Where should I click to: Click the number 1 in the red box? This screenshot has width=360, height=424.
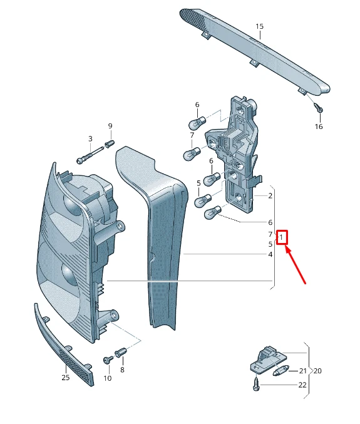[x=283, y=237]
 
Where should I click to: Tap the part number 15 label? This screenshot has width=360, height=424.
[x=260, y=26]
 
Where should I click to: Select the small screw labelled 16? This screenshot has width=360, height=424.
[x=319, y=108]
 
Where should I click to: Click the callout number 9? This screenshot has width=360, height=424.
[x=111, y=126]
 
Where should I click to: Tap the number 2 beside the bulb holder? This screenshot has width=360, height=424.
[x=270, y=196]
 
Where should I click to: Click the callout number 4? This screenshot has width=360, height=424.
[x=270, y=254]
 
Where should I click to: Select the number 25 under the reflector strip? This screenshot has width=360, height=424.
[x=66, y=377]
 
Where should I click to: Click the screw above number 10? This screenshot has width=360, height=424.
[x=107, y=361]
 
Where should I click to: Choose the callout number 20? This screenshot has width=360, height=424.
[x=317, y=371]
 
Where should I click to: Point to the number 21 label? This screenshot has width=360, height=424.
[x=302, y=371]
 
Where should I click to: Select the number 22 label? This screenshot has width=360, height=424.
[x=302, y=385]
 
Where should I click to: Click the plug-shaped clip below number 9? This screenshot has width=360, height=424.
[x=110, y=145]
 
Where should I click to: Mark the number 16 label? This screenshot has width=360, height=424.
[x=319, y=127]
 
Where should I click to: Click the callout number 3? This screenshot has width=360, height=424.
[x=90, y=139]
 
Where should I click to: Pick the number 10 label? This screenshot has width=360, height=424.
[x=107, y=378]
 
